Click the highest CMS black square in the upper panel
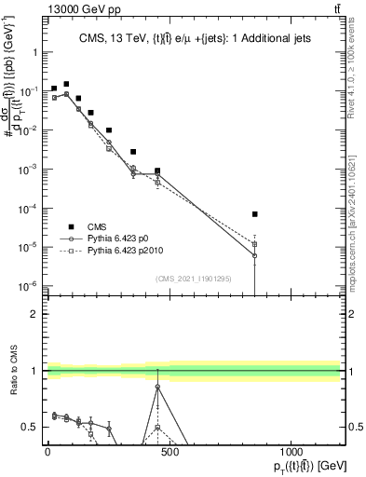[66, 84]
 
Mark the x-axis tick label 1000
[291, 451]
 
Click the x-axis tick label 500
[169, 451]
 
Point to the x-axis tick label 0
[47, 451]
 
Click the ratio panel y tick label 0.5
[29, 427]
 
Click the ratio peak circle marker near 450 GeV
[157, 386]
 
